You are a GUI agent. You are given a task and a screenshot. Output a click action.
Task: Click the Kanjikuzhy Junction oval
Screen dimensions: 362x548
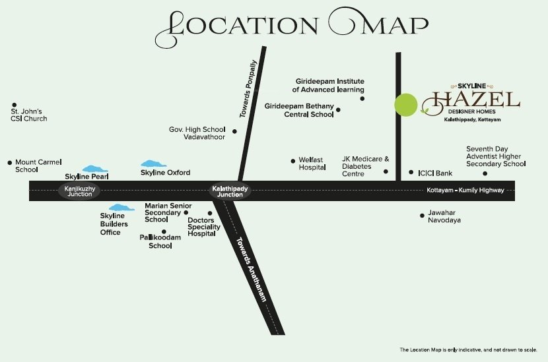pyautogui.click(x=75, y=191)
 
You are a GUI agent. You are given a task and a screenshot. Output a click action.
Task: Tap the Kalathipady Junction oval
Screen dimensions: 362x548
pyautogui.click(x=227, y=191)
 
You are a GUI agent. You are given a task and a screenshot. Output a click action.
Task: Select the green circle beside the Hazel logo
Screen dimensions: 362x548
pyautogui.click(x=406, y=105)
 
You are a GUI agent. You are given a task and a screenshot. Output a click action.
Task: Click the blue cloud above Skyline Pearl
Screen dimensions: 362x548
pyautogui.click(x=95, y=169)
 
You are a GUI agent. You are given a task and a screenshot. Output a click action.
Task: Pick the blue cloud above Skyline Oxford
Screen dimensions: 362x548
pyautogui.click(x=154, y=163)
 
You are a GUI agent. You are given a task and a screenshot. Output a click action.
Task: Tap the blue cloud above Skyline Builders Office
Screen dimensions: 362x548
pyautogui.click(x=121, y=208)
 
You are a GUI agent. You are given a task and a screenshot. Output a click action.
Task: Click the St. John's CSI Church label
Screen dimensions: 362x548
pyautogui.click(x=28, y=115)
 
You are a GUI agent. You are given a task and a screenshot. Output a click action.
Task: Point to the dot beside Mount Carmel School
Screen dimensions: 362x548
pyautogui.click(x=9, y=162)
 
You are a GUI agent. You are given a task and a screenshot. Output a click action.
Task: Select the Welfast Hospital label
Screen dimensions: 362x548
pyautogui.click(x=312, y=164)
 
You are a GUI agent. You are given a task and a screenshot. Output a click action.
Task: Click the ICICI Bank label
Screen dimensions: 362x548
pyautogui.click(x=435, y=173)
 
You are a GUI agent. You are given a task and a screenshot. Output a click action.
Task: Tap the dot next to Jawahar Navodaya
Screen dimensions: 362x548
pyautogui.click(x=423, y=215)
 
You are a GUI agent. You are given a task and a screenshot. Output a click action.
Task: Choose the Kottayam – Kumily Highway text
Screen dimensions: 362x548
pyautogui.click(x=465, y=191)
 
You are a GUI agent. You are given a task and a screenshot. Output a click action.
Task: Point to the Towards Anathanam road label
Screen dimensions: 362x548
pyautogui.click(x=251, y=270)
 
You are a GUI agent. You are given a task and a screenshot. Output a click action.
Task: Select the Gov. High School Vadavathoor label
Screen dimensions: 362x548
pyautogui.click(x=197, y=133)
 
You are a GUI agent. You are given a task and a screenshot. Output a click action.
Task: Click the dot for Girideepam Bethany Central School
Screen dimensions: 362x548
pyautogui.click(x=339, y=110)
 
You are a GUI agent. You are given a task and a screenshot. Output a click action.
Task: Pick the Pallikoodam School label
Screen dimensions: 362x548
pyautogui.click(x=156, y=241)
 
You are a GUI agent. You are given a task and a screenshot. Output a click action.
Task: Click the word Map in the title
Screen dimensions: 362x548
pyautogui.click(x=381, y=24)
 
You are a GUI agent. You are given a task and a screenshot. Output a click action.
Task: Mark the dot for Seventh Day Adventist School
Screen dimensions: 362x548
pyautogui.click(x=485, y=173)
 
